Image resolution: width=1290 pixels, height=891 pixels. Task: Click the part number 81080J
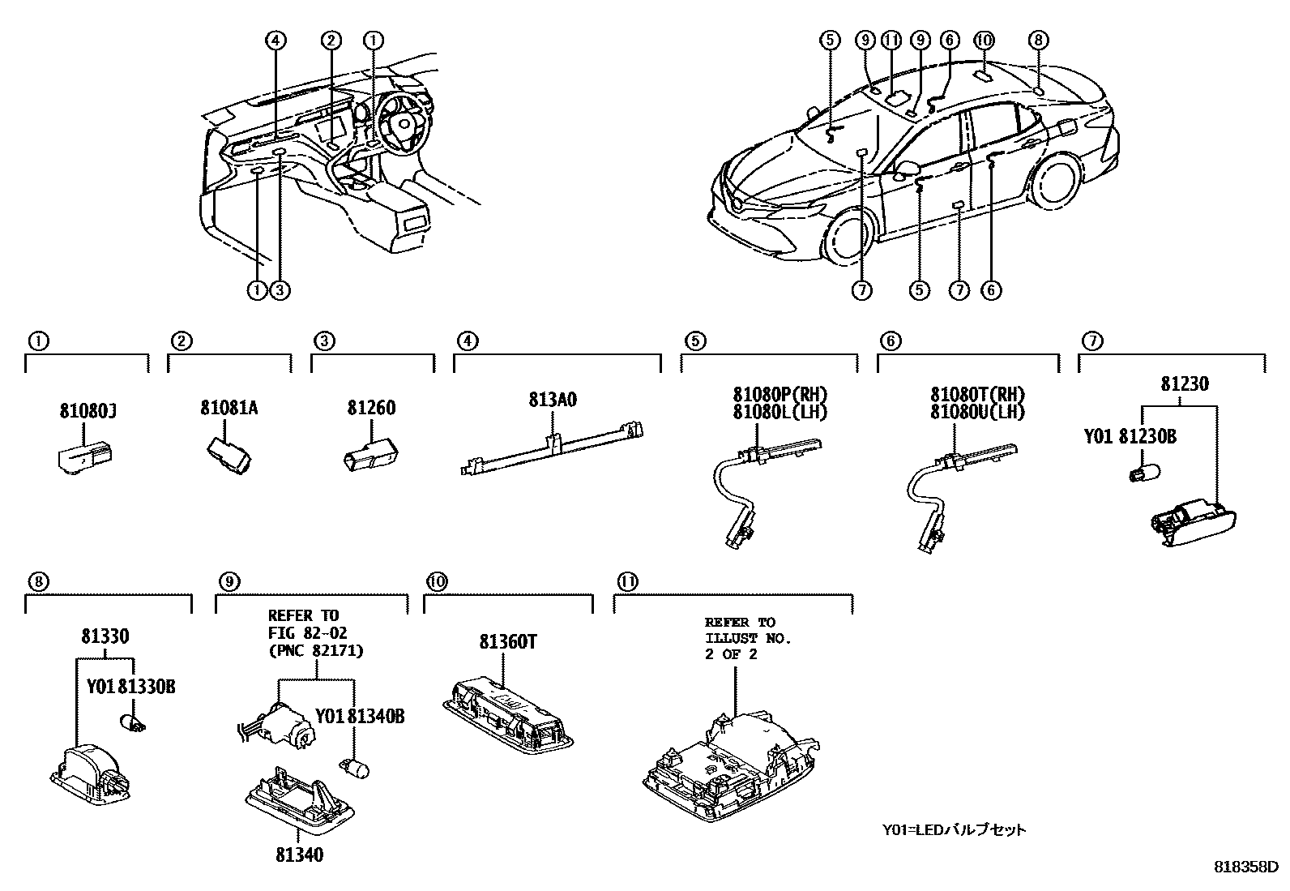(x=88, y=412)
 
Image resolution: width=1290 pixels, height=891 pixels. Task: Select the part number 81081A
(x=229, y=408)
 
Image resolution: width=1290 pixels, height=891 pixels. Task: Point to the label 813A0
(x=553, y=400)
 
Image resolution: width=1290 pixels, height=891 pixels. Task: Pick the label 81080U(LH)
(x=977, y=412)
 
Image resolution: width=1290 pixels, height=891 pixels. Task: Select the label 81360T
(x=508, y=642)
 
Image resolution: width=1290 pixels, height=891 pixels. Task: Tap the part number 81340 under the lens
(x=299, y=855)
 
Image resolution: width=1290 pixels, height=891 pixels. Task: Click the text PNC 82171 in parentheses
(x=315, y=650)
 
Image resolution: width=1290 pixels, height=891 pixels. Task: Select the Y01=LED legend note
(x=954, y=829)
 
